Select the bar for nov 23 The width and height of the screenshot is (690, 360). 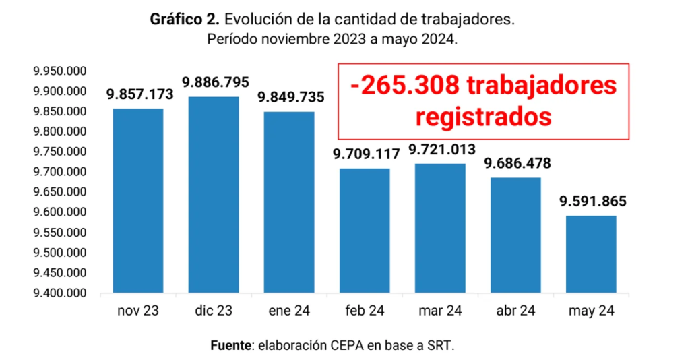[138, 201]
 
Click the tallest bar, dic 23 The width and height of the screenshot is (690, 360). [214, 196]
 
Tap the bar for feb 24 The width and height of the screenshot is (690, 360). [365, 231]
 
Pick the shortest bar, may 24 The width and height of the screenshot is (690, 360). [591, 254]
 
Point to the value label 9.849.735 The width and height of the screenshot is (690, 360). [290, 97]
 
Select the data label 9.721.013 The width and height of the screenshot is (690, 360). [442, 149]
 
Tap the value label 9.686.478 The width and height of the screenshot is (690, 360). [517, 163]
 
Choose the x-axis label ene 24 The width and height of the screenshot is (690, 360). [289, 311]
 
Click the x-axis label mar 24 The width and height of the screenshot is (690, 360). [440, 311]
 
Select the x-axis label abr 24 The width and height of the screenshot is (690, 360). [515, 311]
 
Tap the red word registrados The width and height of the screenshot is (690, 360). [483, 116]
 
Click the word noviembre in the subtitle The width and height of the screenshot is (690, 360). [287, 39]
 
